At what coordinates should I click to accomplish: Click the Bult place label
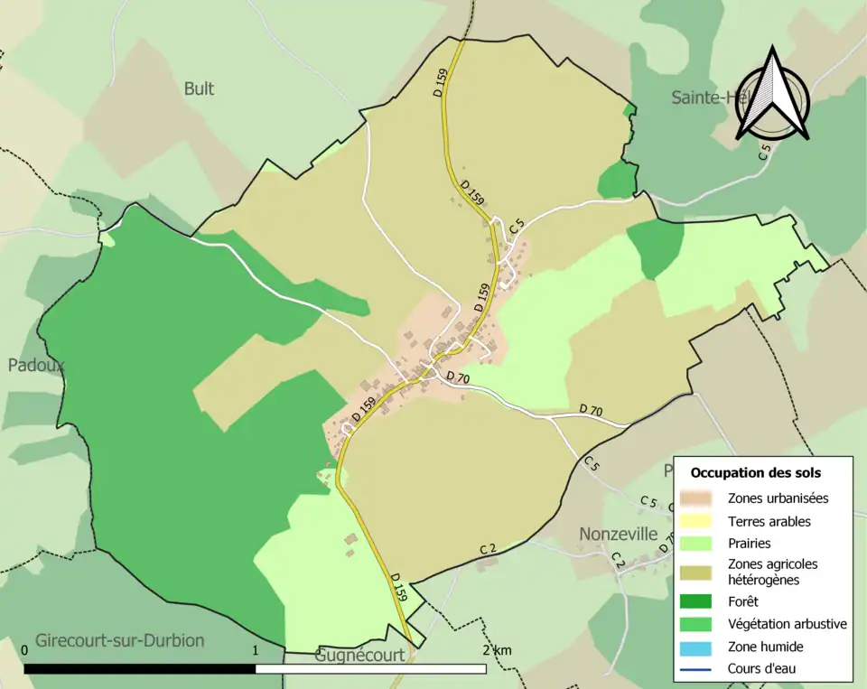(199, 88)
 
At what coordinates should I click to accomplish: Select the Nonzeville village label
(618, 534)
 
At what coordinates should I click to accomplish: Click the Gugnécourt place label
(359, 656)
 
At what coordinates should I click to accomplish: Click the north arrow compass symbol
(772, 94)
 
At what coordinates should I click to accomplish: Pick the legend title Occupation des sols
(756, 472)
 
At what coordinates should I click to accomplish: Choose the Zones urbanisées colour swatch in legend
(696, 498)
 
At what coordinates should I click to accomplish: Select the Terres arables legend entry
(769, 521)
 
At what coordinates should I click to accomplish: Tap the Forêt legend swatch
(696, 601)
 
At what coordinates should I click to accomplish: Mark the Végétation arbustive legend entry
(787, 623)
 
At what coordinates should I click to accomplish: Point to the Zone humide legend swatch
(696, 647)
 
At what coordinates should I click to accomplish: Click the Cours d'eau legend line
(696, 669)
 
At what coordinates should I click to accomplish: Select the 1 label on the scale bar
(256, 650)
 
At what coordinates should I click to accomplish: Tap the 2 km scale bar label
(498, 650)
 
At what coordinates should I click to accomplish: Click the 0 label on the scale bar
(24, 650)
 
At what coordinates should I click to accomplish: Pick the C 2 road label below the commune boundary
(489, 549)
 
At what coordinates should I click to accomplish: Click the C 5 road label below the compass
(765, 152)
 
